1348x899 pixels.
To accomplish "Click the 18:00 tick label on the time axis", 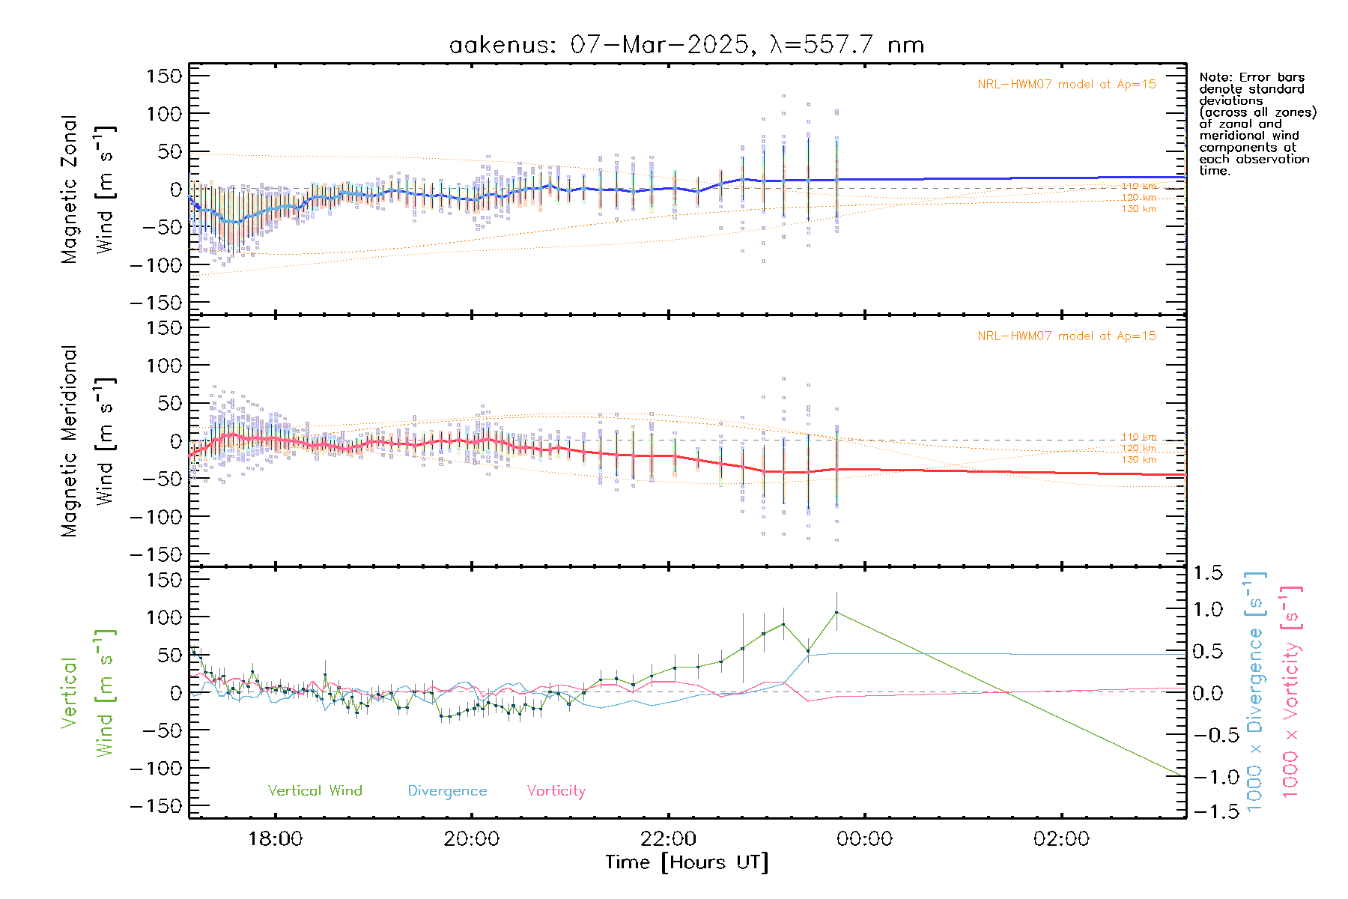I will coord(275,838).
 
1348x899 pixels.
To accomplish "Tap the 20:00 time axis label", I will coord(471,838).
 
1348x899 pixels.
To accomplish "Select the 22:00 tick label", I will coord(668,838).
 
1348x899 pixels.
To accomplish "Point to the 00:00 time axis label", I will coord(864,838).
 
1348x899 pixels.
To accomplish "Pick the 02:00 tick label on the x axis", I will coord(1061,838).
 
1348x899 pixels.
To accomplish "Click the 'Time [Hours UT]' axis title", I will coord(687,862).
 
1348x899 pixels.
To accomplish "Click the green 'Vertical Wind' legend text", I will coord(315,790).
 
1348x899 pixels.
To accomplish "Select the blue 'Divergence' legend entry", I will coord(447,790).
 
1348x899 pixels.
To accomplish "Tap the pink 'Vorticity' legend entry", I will coord(556,790).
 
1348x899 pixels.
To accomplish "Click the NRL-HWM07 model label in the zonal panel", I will coord(1066,84).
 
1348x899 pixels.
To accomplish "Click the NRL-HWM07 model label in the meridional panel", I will coord(1066,336).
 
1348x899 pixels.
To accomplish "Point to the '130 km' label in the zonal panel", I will coord(1138,209).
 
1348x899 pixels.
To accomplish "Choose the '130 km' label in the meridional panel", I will coord(1138,460).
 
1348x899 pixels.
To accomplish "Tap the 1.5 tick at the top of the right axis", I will coord(1207,573).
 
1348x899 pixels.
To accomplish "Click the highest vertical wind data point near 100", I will coord(837,613).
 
